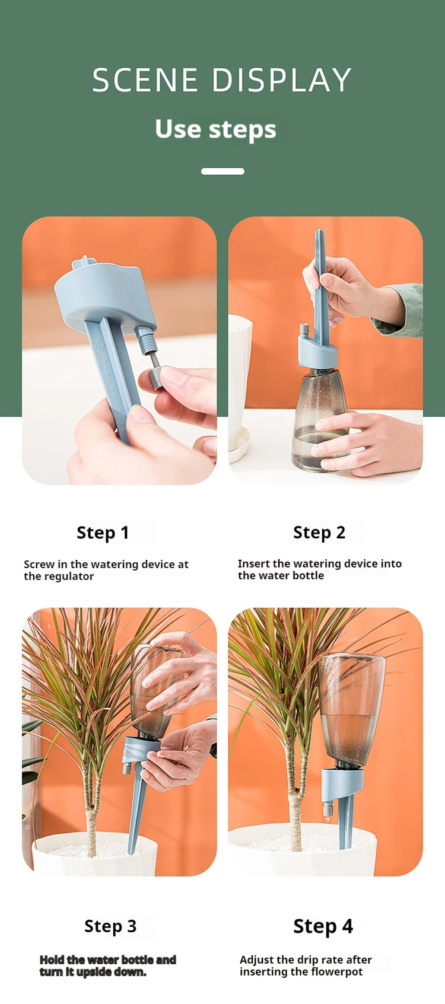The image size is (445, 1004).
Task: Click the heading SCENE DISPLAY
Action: [221, 80]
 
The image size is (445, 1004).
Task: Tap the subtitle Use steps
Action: [215, 129]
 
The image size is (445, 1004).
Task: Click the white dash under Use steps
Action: [223, 171]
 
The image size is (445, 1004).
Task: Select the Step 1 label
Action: [103, 533]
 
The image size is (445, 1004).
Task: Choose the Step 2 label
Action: [319, 533]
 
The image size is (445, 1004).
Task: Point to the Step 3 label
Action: [110, 926]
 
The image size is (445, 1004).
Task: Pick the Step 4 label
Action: [323, 926]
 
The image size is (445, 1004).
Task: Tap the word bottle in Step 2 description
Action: [308, 575]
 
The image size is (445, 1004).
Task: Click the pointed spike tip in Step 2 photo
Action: [319, 232]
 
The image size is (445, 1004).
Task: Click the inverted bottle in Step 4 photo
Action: [351, 708]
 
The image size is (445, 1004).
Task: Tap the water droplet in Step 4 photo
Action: [328, 820]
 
